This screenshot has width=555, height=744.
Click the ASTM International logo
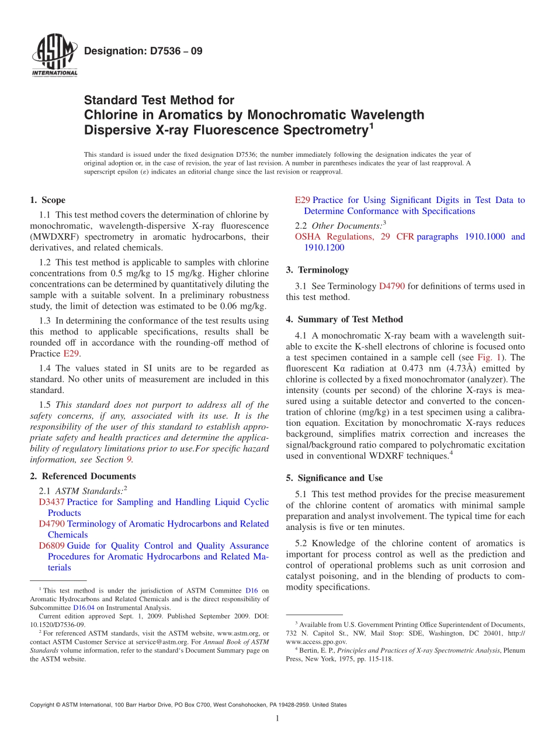coord(54,56)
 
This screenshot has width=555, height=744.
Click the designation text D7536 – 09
coord(143,51)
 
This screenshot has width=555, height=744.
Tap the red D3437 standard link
coord(52,502)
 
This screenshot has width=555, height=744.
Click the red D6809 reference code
coord(52,546)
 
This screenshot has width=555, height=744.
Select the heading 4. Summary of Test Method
coord(345,319)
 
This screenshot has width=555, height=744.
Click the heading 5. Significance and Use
coord(334,478)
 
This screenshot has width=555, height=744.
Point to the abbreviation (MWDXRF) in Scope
coord(56,237)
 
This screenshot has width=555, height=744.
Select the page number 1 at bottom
coord(277,718)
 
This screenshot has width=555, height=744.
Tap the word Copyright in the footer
coord(43,705)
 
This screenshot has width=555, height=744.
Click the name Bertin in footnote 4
coord(308,650)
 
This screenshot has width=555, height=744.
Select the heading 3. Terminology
coord(317,270)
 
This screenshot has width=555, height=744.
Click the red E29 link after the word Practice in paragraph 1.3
coord(70,354)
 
